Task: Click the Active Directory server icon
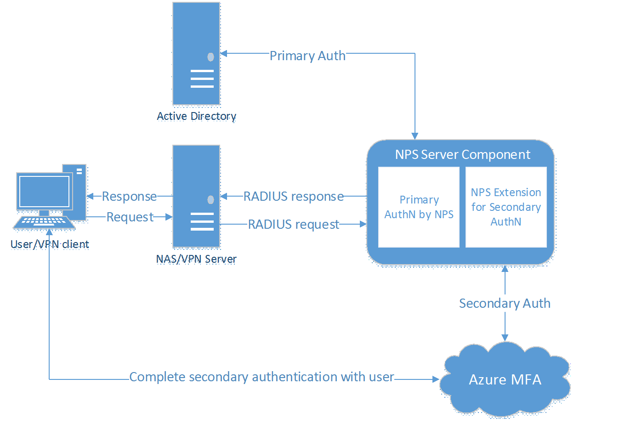click(196, 54)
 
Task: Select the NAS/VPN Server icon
click(196, 197)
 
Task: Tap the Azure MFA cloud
click(505, 380)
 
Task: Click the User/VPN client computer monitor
click(45, 192)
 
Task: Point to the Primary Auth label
click(307, 56)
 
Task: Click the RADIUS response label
click(294, 197)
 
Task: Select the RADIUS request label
click(294, 225)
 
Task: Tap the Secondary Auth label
click(505, 304)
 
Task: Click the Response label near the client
click(129, 197)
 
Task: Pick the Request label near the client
click(130, 217)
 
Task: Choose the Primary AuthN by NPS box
click(419, 207)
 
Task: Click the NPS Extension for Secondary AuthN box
click(506, 207)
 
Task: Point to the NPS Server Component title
click(462, 155)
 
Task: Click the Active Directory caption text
click(196, 116)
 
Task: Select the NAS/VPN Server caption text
click(196, 259)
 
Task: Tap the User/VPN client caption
click(50, 244)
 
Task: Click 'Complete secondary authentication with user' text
click(261, 377)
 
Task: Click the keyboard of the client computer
click(44, 222)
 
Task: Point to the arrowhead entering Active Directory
click(224, 54)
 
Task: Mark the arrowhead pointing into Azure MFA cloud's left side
click(436, 379)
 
